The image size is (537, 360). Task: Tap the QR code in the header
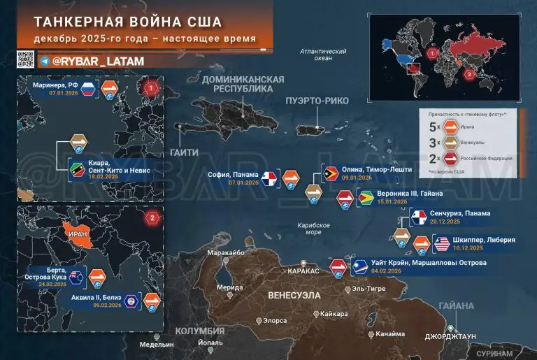click(x=25, y=60)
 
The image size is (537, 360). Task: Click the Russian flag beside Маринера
click(x=88, y=89)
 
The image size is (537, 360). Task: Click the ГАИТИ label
click(x=185, y=152)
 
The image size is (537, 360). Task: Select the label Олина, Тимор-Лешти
click(x=376, y=169)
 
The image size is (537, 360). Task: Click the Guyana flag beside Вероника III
click(x=364, y=199)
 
